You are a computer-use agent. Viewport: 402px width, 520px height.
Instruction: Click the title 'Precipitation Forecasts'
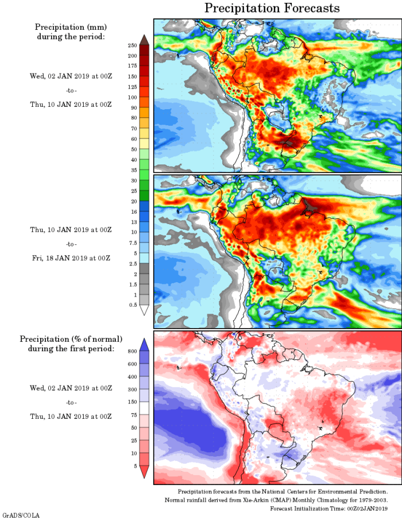(272, 8)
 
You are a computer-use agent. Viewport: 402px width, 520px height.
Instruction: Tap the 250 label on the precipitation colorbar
(132, 45)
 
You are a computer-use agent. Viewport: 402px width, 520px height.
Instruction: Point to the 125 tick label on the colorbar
(132, 87)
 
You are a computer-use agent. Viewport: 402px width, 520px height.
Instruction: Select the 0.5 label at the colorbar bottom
(133, 305)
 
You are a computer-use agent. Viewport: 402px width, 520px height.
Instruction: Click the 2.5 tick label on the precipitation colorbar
(133, 263)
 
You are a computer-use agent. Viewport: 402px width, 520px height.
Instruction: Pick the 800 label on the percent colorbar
(132, 350)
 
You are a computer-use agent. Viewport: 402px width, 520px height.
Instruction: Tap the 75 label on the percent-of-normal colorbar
(133, 414)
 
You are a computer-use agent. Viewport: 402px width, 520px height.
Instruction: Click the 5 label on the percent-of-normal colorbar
(134, 465)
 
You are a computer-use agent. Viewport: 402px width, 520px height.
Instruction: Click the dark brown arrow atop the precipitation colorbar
(144, 38)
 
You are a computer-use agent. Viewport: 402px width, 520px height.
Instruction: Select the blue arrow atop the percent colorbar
(144, 344)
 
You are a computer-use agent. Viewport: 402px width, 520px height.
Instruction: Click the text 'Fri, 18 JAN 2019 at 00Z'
(71, 258)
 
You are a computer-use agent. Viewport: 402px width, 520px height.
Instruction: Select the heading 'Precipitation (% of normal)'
(71, 339)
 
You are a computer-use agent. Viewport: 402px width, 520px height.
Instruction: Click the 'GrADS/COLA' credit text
(21, 515)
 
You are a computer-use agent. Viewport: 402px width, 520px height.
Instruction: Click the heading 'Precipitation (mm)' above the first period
(71, 27)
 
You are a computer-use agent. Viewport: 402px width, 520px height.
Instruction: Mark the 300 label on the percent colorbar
(132, 389)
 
